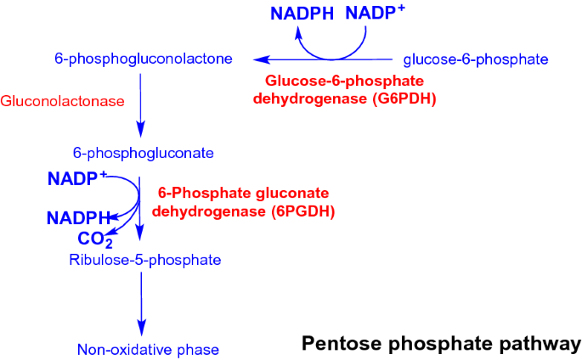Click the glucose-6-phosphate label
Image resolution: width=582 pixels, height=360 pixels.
coord(475,59)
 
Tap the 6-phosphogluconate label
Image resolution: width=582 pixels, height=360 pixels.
coord(143,154)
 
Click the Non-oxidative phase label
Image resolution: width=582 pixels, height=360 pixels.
coord(148,349)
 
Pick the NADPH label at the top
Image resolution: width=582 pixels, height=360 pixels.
coord(303,13)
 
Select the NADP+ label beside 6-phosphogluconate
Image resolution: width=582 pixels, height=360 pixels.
coord(77,179)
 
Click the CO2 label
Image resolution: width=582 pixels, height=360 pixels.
coord(96,239)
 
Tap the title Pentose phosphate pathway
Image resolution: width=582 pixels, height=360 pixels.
coord(441,343)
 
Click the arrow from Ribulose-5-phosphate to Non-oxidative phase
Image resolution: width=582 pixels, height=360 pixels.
coord(142,303)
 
